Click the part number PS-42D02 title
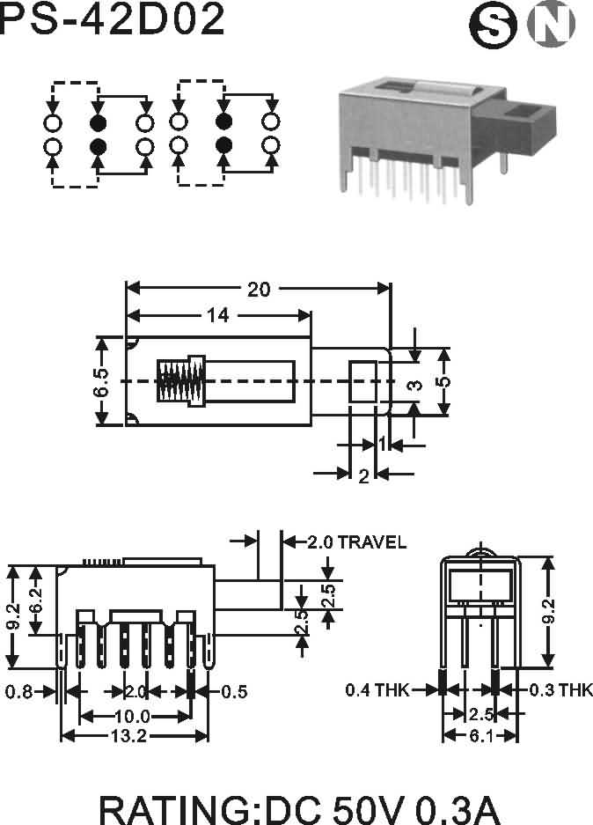[112, 18]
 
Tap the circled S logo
[493, 26]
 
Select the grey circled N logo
[552, 23]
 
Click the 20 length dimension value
[259, 289]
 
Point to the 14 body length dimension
[217, 315]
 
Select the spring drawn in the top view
[180, 381]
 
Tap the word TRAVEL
[371, 542]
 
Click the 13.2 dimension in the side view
[128, 735]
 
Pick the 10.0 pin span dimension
[133, 716]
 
